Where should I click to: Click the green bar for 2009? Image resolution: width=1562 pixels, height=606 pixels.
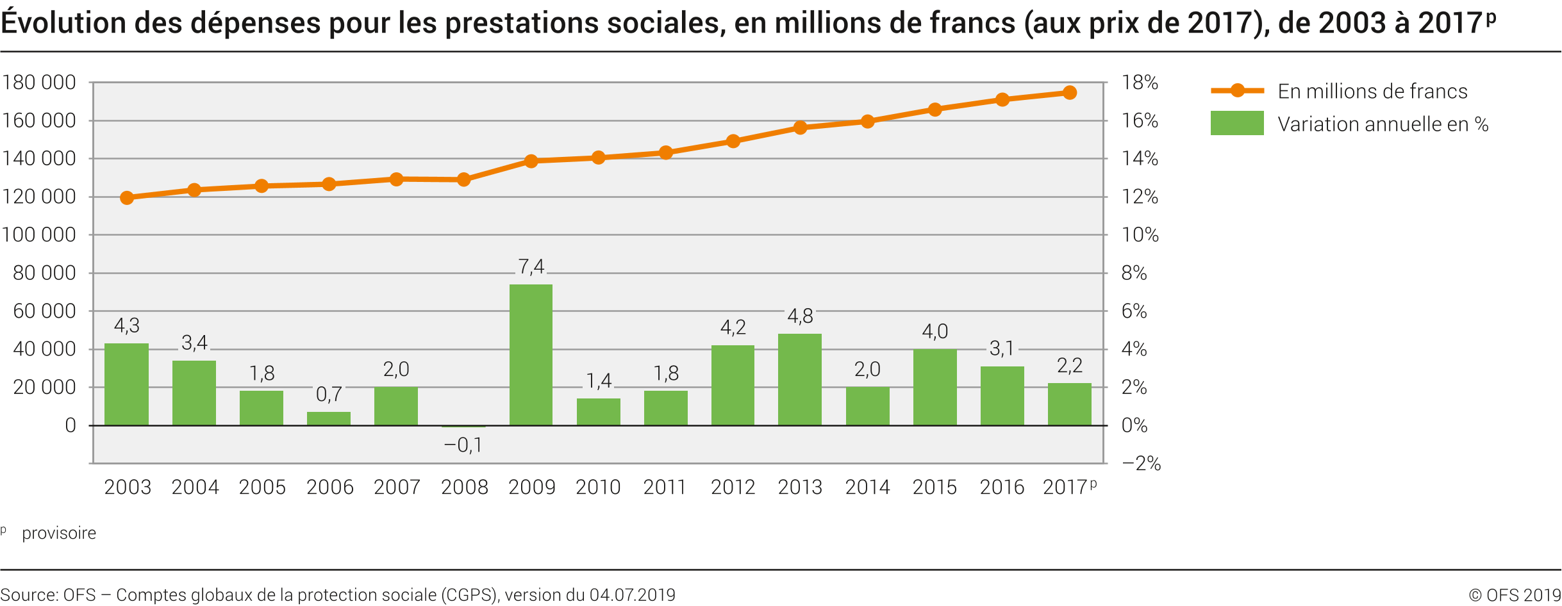[x=531, y=355]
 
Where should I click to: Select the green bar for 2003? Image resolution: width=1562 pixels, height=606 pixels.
[x=126, y=384]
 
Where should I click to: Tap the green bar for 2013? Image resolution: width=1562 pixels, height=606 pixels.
[x=800, y=379]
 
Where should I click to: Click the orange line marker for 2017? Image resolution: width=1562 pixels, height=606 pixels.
[x=1069, y=93]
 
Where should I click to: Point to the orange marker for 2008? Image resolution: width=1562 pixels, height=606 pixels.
[x=463, y=180]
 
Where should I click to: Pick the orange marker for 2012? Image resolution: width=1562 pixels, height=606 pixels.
[x=733, y=141]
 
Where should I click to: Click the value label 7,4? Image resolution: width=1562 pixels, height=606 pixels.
[x=531, y=266]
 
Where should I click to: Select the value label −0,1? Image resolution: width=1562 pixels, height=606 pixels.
[x=463, y=445]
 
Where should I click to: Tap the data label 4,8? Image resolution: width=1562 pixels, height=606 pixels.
[x=800, y=316]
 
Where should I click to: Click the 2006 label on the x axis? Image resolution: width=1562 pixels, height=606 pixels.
[x=329, y=487]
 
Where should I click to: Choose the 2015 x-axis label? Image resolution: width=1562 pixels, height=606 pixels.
[x=935, y=487]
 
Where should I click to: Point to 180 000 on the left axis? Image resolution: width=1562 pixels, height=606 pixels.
[x=39, y=83]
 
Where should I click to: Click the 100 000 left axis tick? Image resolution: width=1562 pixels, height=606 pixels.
[x=39, y=235]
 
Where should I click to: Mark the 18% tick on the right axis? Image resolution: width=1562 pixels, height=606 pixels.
[x=1140, y=83]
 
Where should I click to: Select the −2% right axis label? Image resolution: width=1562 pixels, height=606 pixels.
[x=1141, y=464]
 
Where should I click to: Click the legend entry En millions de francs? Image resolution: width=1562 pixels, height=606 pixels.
[x=1372, y=92]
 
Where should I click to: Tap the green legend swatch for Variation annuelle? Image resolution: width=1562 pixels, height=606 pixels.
[x=1236, y=123]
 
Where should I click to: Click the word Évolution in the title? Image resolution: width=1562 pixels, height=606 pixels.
[x=63, y=23]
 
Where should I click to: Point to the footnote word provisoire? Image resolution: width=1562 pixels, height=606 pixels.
[x=59, y=533]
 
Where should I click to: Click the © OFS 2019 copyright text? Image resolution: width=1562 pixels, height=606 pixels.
[x=1515, y=595]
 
